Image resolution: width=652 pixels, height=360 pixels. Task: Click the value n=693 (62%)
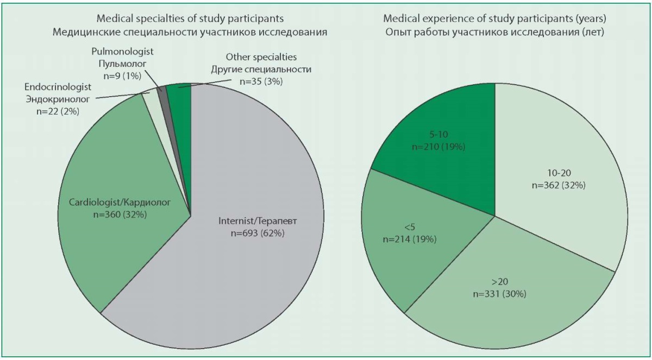[x=258, y=233]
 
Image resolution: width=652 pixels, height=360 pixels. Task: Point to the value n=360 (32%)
[x=120, y=214]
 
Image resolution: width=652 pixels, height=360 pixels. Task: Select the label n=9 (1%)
[x=122, y=76]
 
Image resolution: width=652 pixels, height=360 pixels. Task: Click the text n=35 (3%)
[x=261, y=81]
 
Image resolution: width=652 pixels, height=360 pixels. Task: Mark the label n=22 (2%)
[x=58, y=111]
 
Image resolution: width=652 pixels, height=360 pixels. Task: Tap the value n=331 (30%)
[x=499, y=294]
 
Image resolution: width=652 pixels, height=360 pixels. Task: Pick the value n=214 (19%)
[x=410, y=239]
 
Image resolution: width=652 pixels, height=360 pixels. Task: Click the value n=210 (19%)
[x=438, y=147]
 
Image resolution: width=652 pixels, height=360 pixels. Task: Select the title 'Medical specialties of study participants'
[x=190, y=18]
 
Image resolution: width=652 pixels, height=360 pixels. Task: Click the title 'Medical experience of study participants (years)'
[x=494, y=18]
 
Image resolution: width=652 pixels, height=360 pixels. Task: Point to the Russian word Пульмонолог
[x=122, y=64]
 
